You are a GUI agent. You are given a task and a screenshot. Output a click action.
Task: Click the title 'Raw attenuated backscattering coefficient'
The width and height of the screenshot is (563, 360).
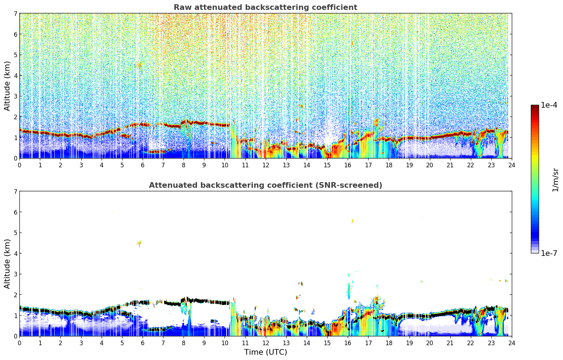265,7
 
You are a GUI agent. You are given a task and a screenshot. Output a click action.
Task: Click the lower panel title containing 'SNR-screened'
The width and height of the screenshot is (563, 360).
265,185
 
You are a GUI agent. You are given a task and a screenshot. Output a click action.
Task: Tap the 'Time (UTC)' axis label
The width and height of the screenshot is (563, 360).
265,352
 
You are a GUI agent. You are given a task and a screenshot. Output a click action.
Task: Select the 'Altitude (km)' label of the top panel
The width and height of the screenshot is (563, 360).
7,86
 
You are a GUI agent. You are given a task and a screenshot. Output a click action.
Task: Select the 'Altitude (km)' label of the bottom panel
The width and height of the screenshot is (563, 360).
7,264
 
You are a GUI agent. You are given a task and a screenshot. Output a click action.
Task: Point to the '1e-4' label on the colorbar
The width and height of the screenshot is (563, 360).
549,105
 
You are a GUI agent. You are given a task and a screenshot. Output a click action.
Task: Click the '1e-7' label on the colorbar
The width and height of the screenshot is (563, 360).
549,253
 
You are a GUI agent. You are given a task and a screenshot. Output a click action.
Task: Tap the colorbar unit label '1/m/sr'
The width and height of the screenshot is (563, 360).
555,180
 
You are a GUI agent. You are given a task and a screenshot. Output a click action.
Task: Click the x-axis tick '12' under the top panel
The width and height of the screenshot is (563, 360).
265,165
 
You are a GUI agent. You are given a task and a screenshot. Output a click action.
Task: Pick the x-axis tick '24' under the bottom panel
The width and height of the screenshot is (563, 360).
511,343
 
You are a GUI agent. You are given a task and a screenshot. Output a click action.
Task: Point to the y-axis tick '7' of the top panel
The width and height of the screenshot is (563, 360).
16,13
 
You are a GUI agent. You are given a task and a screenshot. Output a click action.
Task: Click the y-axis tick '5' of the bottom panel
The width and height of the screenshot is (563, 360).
16,233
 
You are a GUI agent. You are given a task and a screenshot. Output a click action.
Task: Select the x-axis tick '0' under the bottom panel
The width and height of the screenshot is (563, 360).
19,343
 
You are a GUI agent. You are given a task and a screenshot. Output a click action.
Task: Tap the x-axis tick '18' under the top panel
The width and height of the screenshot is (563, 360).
389,165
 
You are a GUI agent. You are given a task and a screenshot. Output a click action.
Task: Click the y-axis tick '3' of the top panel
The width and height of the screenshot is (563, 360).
16,96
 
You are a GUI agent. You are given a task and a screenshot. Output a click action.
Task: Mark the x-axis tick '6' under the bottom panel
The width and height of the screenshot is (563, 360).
143,343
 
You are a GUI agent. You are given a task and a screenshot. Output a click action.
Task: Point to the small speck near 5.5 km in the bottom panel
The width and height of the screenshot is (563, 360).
352,221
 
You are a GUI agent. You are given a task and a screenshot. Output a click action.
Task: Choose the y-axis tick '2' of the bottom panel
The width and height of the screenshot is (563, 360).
16,295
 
